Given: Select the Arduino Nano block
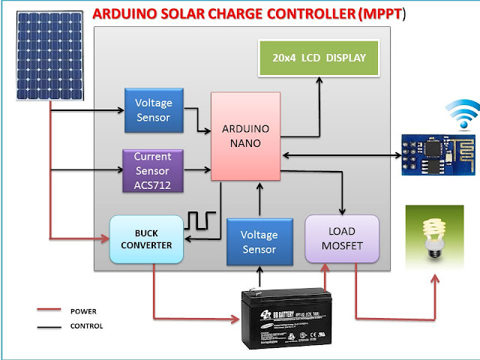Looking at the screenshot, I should click(245, 136).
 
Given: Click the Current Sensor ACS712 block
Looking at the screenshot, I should click(152, 170).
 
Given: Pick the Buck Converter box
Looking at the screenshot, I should click(146, 239).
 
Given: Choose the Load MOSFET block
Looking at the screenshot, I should click(342, 239).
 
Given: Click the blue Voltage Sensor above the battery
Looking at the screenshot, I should click(258, 241).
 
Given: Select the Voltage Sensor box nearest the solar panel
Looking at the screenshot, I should click(152, 111).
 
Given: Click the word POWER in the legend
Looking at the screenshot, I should click(83, 310).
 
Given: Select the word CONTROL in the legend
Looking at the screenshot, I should click(86, 326).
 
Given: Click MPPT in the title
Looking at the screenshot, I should click(379, 14).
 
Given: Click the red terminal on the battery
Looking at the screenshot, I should click(325, 289).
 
